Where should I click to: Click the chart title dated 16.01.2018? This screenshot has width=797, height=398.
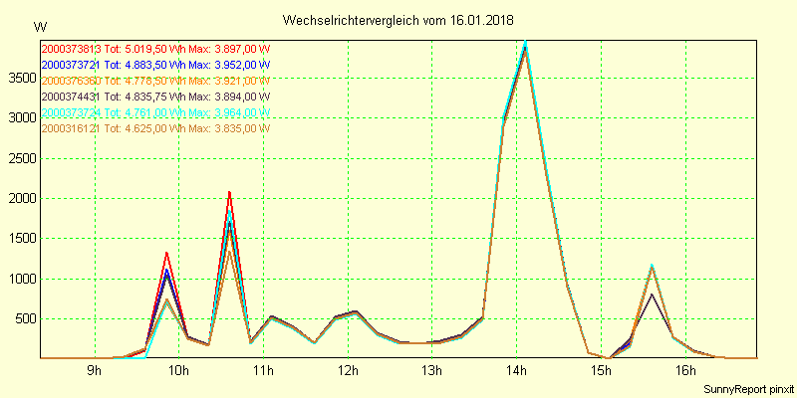[x=398, y=20]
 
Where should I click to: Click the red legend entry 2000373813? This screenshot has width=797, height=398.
[x=154, y=49]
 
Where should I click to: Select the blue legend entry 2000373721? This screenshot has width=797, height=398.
[x=154, y=65]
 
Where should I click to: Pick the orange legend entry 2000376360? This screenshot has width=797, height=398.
[x=154, y=81]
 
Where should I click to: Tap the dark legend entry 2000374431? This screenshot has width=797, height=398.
[x=154, y=97]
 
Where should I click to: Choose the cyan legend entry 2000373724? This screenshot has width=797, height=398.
[x=154, y=112]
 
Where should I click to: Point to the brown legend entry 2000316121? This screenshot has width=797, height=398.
[x=154, y=128]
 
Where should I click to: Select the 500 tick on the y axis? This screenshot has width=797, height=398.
[x=23, y=319]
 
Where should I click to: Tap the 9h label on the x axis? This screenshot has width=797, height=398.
[x=95, y=371]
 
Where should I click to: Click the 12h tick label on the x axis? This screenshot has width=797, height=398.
[x=348, y=371]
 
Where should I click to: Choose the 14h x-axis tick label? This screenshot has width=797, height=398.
[x=516, y=371]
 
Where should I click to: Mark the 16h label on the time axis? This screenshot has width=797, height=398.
[x=684, y=371]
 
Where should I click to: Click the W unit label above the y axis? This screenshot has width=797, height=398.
[x=39, y=26]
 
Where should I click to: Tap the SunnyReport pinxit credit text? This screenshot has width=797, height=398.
[x=747, y=388]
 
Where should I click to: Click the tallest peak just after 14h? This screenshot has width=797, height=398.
[x=525, y=43]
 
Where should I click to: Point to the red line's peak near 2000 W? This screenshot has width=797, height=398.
[x=229, y=192]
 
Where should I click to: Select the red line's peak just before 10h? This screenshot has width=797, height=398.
[x=166, y=253]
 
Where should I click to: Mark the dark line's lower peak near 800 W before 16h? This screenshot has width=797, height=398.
[x=652, y=294]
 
